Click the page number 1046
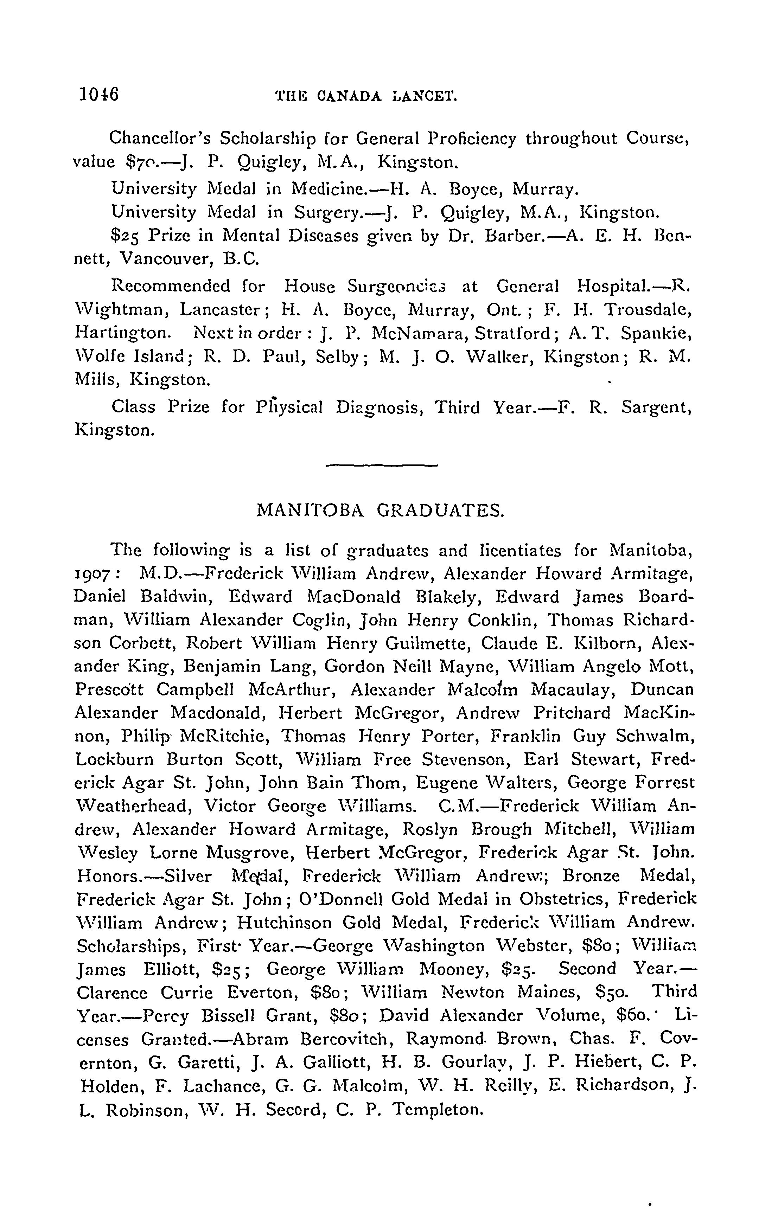click(99, 95)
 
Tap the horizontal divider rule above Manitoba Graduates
click(382, 464)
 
